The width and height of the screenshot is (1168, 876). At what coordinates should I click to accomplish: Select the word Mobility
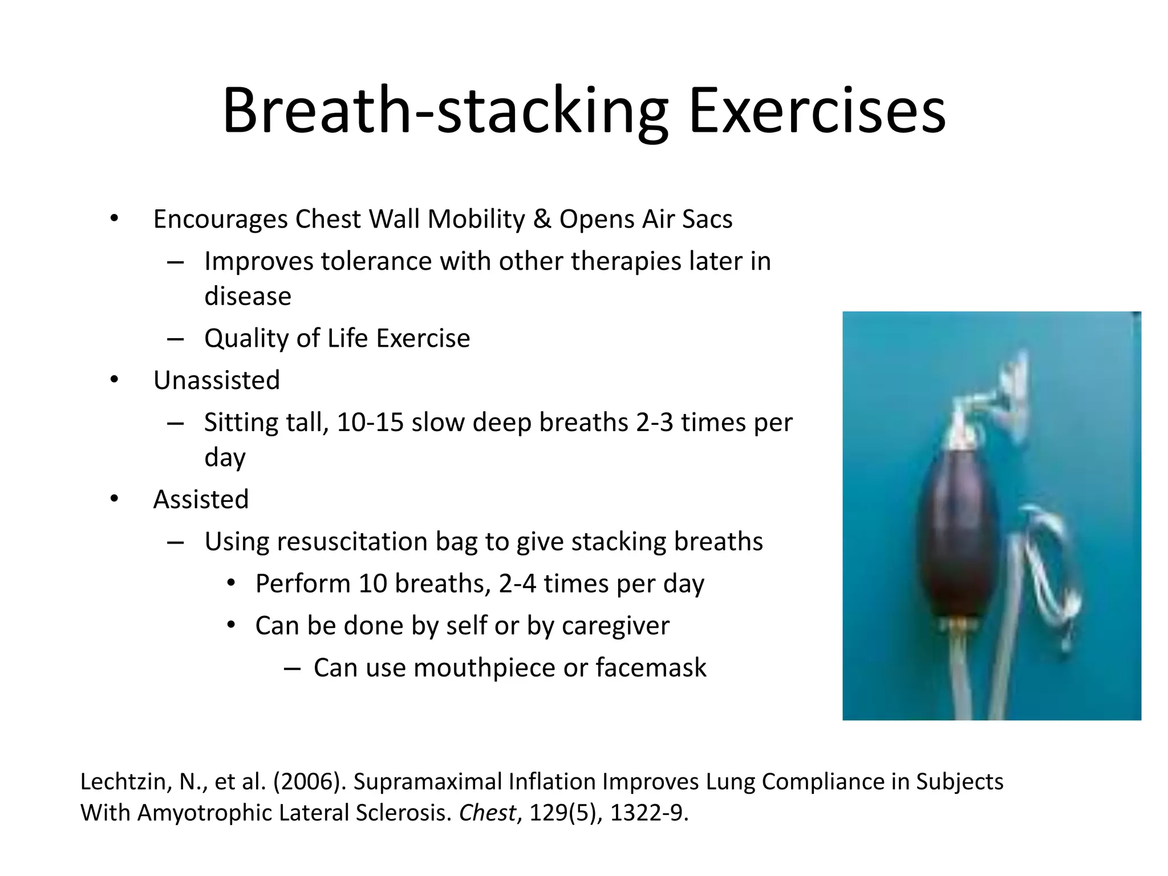point(476,220)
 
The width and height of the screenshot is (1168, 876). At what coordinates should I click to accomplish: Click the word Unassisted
point(217,380)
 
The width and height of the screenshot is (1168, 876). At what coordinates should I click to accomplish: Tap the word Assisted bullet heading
point(201,500)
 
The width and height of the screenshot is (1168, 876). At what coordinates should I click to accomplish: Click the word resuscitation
point(352,542)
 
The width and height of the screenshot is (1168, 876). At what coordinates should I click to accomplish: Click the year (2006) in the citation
point(310,782)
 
